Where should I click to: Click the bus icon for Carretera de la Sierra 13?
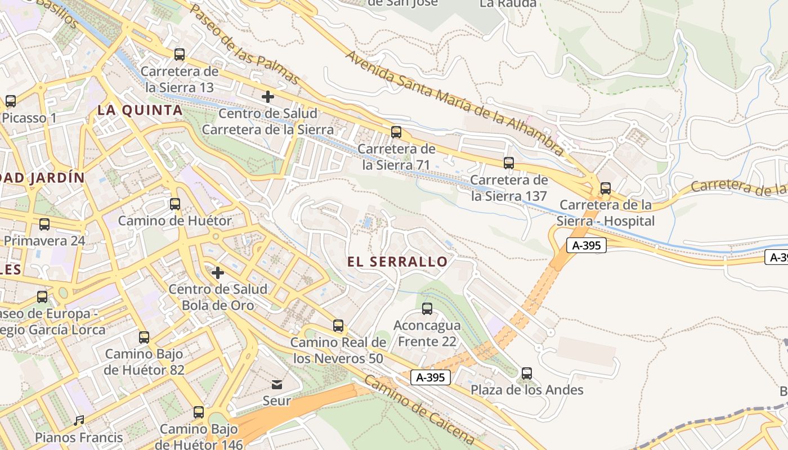click(x=180, y=55)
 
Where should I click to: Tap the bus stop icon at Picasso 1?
click(x=11, y=101)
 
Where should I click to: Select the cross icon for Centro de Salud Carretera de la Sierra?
click(x=268, y=97)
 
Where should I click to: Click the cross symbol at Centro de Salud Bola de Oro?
click(x=218, y=273)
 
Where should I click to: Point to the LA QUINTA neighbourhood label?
click(x=140, y=110)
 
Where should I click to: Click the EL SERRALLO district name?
click(x=397, y=262)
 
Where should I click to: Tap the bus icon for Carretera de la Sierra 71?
click(x=396, y=132)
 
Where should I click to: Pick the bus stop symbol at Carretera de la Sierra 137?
click(x=509, y=163)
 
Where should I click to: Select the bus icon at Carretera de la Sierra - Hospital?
click(x=606, y=188)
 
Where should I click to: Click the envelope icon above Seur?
click(x=277, y=385)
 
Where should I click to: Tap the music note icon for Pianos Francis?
click(x=79, y=421)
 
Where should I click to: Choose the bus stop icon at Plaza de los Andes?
click(x=527, y=373)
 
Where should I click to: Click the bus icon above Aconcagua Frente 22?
click(x=427, y=308)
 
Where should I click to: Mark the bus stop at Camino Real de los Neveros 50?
click(x=338, y=325)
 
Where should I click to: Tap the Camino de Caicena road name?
click(x=419, y=409)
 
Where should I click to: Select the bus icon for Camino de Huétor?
click(x=175, y=204)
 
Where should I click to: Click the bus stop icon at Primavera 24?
click(x=44, y=224)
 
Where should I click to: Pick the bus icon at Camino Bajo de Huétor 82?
click(x=144, y=337)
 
